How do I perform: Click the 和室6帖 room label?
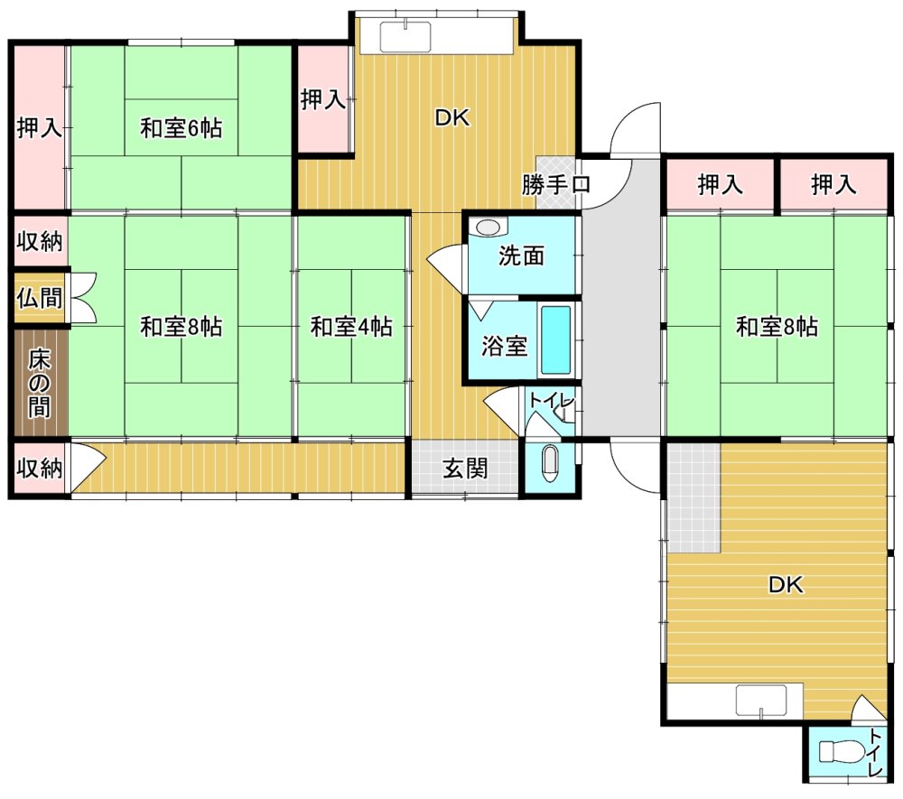point(182,127)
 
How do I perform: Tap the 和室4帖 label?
point(351,327)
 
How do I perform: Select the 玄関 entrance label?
point(465,468)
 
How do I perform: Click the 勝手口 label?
point(555,185)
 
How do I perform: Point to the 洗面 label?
point(521,255)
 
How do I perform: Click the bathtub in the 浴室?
point(556,339)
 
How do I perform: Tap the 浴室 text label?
point(505,347)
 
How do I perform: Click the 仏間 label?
point(39,298)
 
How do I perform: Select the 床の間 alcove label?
point(39,383)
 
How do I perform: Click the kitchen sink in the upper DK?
point(405,36)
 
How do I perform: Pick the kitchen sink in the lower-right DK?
point(761,701)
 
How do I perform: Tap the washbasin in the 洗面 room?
point(489,227)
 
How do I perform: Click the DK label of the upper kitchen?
point(452,118)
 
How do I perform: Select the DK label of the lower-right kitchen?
point(787,585)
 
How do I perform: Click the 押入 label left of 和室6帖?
point(39,127)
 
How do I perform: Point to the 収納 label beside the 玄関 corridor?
point(39,468)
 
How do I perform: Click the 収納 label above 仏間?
point(39,241)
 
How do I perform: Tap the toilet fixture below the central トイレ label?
point(552,463)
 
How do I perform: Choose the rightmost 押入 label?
point(833,185)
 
